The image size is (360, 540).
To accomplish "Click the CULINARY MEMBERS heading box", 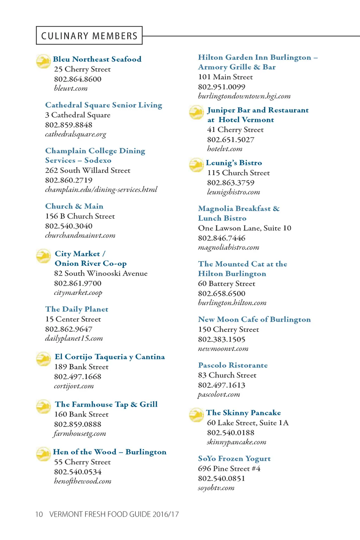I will (89, 36).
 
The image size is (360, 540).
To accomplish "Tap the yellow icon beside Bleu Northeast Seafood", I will (43, 61).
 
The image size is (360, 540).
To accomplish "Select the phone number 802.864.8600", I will (78, 79).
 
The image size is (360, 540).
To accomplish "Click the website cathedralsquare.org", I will (76, 134).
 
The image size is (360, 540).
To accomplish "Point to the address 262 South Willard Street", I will (88, 171).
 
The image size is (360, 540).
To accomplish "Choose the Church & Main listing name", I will (74, 206).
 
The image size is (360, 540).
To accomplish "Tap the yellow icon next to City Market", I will (43, 256).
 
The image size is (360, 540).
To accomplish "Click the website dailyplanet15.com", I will (74, 339).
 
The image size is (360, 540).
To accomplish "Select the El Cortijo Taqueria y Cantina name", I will (110, 357).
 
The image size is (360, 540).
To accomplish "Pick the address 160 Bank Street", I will (81, 414).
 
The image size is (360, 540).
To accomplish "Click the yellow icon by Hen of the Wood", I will (43, 454).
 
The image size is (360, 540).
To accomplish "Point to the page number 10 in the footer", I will (39, 514).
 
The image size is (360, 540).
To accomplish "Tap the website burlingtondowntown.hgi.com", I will (244, 96).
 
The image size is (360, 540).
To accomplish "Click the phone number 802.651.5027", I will (231, 140).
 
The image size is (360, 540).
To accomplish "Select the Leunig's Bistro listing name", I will (234, 163).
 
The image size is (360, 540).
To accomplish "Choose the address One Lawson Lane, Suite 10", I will (245, 228).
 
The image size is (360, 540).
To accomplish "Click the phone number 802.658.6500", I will (222, 294).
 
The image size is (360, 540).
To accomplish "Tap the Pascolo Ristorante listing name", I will (233, 365).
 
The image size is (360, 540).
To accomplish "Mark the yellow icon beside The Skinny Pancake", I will (196, 415).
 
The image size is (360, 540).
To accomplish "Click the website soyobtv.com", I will (216, 488).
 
